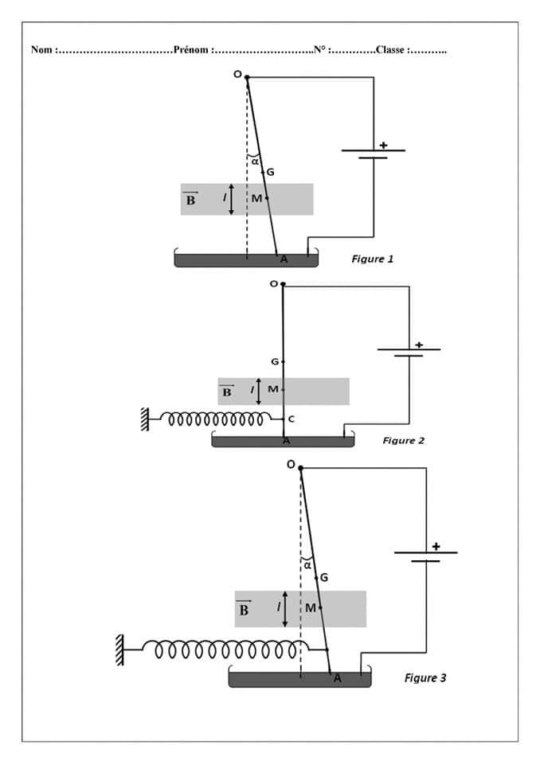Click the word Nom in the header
click(41, 49)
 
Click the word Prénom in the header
click(191, 49)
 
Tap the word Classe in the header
click(390, 49)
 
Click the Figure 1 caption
click(372, 259)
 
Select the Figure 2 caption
click(404, 440)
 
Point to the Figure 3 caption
click(425, 678)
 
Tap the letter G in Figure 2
click(275, 362)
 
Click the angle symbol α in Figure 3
click(307, 565)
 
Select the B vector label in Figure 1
click(191, 200)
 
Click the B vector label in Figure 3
click(244, 610)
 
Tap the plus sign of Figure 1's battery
click(383, 145)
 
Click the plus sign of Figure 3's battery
click(436, 546)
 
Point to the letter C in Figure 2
click(291, 419)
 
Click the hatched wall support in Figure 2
click(145, 419)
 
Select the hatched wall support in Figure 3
click(119, 649)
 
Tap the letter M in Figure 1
click(256, 198)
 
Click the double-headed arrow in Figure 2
click(258, 390)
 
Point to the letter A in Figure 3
click(337, 678)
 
